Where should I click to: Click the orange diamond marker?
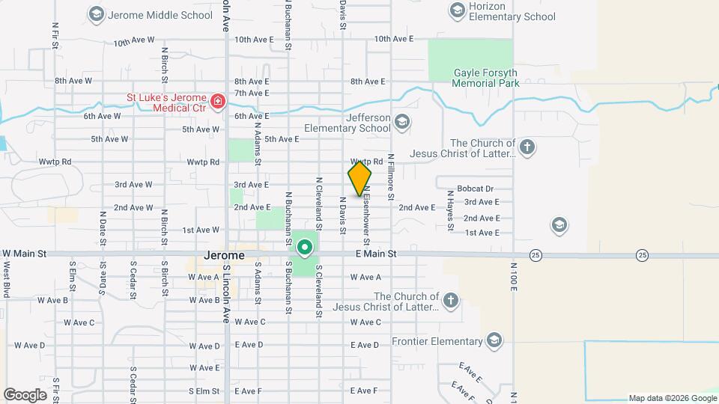point(359,179)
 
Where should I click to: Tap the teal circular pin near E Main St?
point(305,246)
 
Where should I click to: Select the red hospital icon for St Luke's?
point(218,101)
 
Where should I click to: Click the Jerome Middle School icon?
point(96,13)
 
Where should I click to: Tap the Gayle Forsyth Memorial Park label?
point(486,78)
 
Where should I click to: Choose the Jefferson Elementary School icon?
point(402,122)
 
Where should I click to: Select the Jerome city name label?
point(224,255)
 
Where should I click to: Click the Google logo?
point(25,394)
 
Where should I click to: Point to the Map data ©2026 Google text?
point(672,398)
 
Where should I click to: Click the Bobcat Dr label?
point(475,189)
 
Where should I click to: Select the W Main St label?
point(24,254)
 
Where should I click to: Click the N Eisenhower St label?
point(367,216)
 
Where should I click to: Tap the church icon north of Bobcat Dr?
point(527,147)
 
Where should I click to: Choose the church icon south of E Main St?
point(449,302)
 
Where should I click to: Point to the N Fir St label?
point(55,36)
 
